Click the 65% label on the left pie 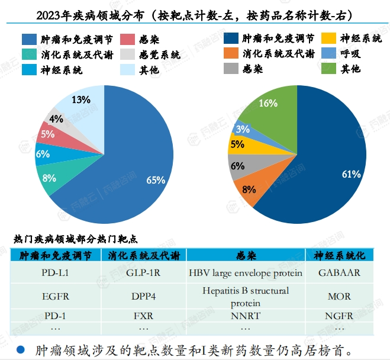coord(156,181)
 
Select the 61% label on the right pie coord(352,174)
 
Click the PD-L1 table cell coord(55,273)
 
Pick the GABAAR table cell coord(339,273)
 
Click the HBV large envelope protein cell coord(246,273)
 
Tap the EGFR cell coord(55,295)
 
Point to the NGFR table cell coord(339,316)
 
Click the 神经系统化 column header coord(339,256)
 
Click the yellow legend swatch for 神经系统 coord(328,40)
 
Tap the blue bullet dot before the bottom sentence coord(20,349)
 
